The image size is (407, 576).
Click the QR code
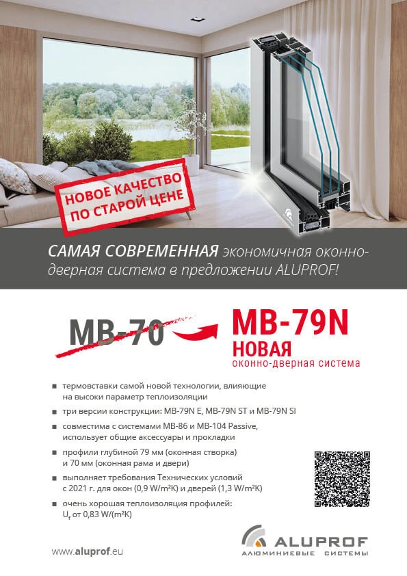coord(341,479)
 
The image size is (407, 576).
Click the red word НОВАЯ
coord(262,347)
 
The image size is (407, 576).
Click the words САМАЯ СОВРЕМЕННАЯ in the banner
coord(133,251)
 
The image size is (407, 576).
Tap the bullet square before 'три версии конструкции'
coord(54,413)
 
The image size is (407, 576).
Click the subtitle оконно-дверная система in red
coord(296,363)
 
